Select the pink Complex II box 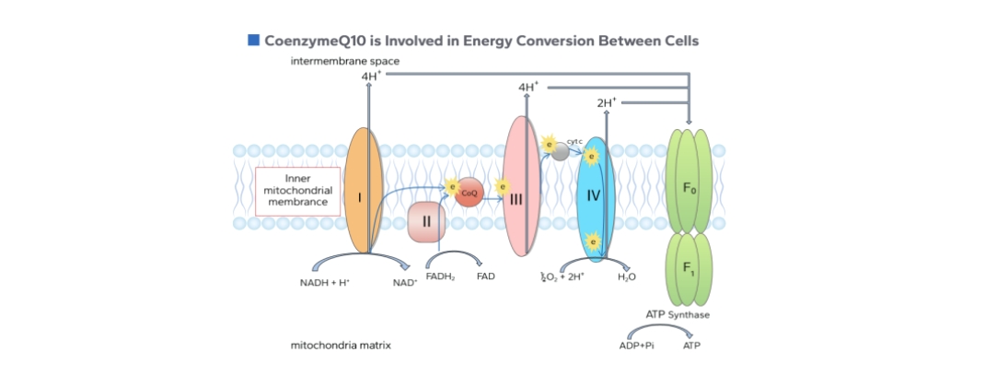tap(426, 222)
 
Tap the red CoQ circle tap(469, 193)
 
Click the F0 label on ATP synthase tap(689, 188)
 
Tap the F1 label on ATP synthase tap(689, 267)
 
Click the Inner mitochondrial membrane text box tap(292, 191)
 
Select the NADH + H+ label tap(324, 282)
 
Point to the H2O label tap(627, 276)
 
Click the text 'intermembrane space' tap(331, 62)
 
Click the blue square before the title tap(253, 40)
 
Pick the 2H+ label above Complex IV tap(606, 103)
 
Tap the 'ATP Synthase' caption tap(678, 314)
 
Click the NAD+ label tap(405, 282)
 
